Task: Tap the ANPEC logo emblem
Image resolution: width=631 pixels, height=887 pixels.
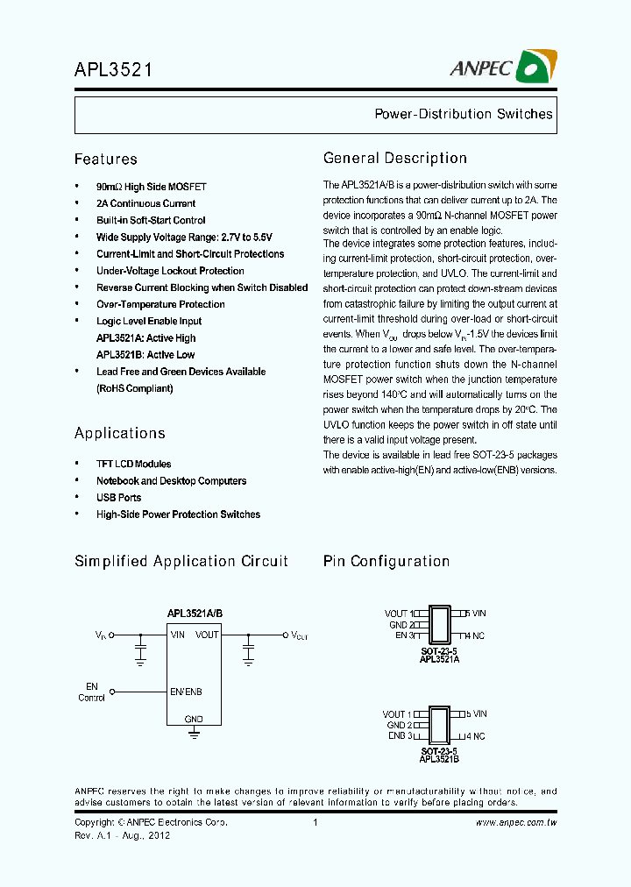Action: (536, 67)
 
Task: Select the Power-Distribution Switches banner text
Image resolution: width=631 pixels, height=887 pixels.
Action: (464, 114)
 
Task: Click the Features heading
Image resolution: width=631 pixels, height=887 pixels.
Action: (106, 160)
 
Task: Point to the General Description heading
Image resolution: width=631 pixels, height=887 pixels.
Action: (395, 159)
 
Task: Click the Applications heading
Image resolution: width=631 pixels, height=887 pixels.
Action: (120, 433)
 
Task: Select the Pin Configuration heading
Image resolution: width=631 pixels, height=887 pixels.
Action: (386, 561)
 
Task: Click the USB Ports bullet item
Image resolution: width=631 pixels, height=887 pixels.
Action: (118, 498)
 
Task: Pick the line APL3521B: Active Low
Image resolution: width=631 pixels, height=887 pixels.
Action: (145, 355)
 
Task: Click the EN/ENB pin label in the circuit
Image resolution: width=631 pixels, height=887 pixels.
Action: (186, 692)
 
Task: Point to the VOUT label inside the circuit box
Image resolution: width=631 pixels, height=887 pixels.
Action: (208, 635)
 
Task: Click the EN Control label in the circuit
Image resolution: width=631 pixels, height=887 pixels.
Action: (92, 692)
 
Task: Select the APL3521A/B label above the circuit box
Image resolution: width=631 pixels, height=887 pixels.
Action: (195, 614)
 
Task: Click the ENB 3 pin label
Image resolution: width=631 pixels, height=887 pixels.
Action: (401, 736)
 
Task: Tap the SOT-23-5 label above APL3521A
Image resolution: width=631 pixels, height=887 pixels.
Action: (439, 652)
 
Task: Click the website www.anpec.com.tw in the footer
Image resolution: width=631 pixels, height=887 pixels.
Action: (517, 823)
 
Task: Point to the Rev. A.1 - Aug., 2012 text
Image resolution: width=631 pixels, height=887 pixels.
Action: (123, 835)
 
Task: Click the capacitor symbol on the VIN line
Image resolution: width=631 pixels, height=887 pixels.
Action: (140, 650)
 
